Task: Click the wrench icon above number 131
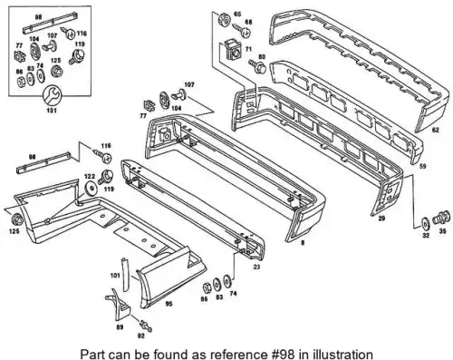(52, 96)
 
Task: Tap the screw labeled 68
(242, 31)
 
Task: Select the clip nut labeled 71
(234, 50)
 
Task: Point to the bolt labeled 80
(257, 66)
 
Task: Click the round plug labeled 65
(224, 19)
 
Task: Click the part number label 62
(435, 131)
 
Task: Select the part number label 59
(423, 166)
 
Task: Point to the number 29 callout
(381, 218)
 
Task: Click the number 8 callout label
(303, 242)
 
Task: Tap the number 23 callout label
(256, 267)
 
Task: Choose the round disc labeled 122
(91, 189)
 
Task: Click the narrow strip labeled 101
(125, 275)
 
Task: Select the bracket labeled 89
(119, 304)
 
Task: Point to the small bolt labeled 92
(146, 326)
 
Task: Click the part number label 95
(169, 304)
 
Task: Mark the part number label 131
(52, 111)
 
